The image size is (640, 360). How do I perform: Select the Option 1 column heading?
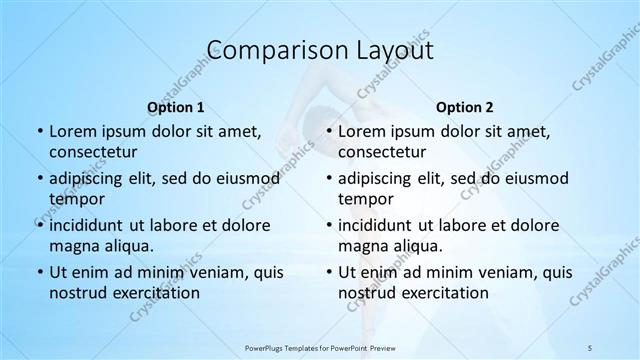coord(175,107)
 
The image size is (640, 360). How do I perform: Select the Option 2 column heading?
coord(464,107)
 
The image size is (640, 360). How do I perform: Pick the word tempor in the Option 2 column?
coord(368,198)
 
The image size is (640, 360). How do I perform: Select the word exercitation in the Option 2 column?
coord(443,292)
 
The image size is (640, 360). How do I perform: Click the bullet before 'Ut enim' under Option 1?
coord(38,272)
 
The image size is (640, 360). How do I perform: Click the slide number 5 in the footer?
coord(591,346)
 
